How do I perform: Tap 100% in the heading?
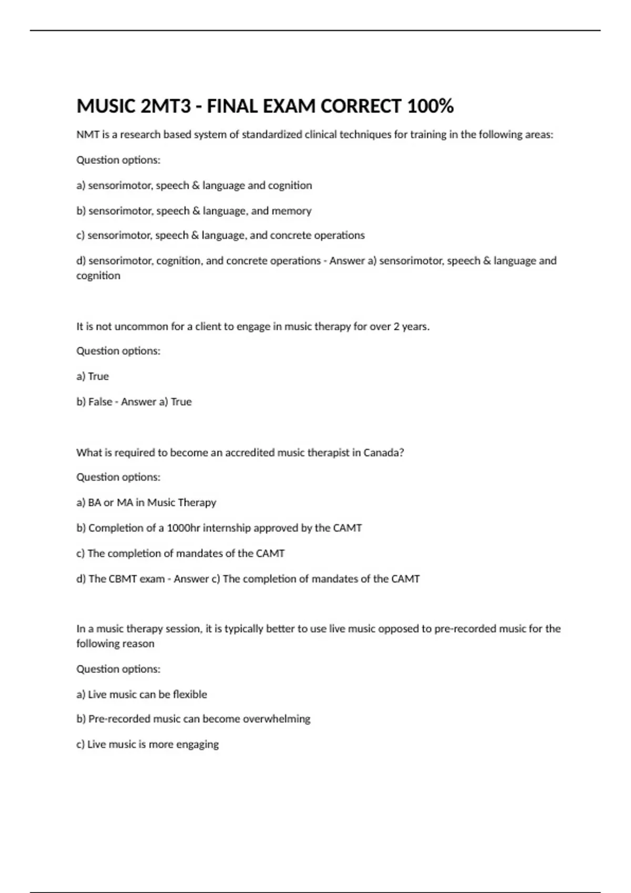pos(430,107)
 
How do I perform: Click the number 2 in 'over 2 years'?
pos(396,326)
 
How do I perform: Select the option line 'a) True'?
pos(93,376)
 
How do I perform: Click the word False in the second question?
pos(100,402)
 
